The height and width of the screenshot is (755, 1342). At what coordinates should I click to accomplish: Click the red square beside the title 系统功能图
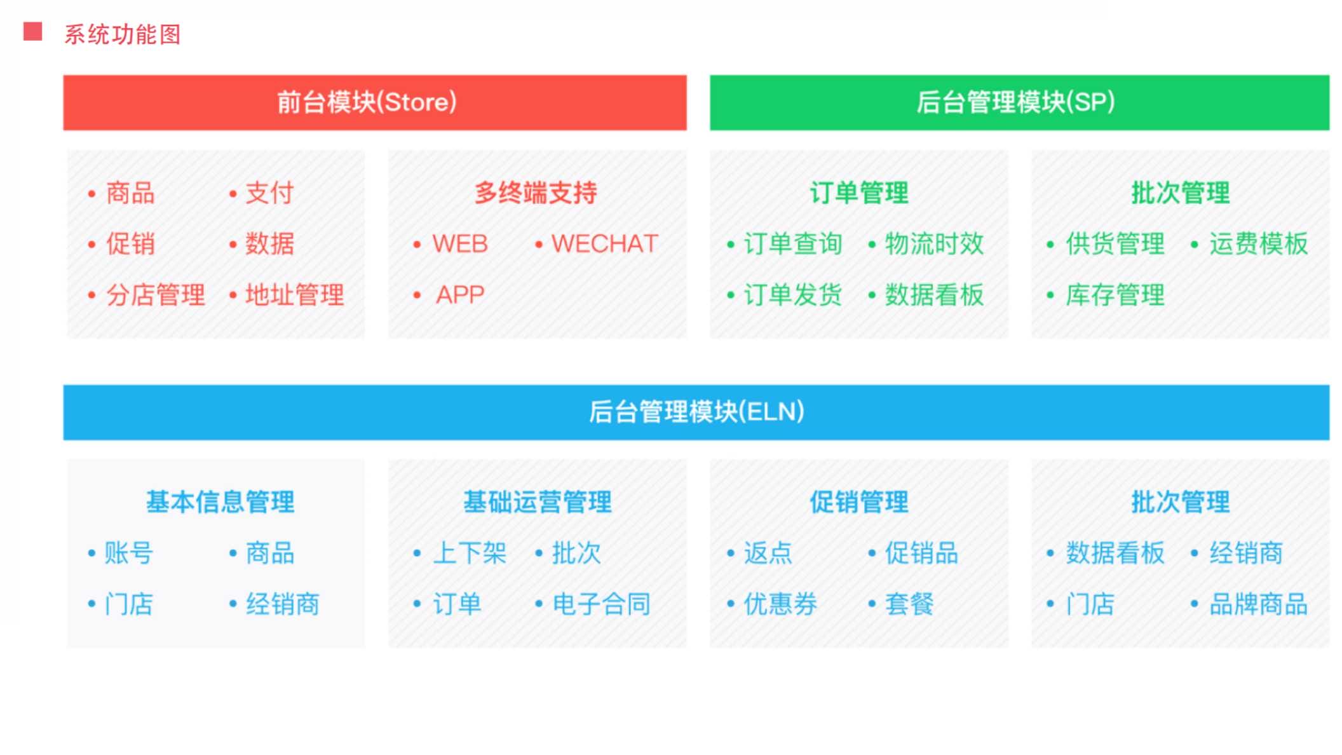pyautogui.click(x=32, y=32)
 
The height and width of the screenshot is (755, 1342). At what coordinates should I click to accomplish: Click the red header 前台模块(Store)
pyautogui.click(x=375, y=102)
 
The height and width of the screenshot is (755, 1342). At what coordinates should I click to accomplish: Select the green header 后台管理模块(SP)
pyautogui.click(x=1019, y=102)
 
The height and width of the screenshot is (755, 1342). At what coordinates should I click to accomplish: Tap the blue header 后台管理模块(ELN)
pyautogui.click(x=696, y=412)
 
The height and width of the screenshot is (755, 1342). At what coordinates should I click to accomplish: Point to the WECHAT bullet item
pyautogui.click(x=604, y=244)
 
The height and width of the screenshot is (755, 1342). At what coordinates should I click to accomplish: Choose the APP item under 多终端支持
pyautogui.click(x=460, y=295)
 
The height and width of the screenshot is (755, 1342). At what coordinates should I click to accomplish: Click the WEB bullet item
pyautogui.click(x=460, y=244)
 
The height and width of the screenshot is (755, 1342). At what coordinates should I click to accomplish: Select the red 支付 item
pyautogui.click(x=269, y=193)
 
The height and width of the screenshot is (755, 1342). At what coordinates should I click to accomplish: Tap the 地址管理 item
pyautogui.click(x=295, y=295)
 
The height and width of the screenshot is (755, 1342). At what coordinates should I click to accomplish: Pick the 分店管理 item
pyautogui.click(x=156, y=295)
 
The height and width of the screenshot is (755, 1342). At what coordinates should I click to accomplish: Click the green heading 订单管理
pyautogui.click(x=859, y=193)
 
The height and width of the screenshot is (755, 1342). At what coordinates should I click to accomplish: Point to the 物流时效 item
pyautogui.click(x=935, y=244)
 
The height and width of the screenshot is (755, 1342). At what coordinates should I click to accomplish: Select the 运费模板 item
pyautogui.click(x=1259, y=244)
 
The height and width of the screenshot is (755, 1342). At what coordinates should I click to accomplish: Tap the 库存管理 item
pyautogui.click(x=1115, y=295)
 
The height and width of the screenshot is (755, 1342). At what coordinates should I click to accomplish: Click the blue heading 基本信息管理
pyautogui.click(x=220, y=502)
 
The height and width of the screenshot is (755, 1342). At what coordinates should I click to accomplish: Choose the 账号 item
pyautogui.click(x=129, y=553)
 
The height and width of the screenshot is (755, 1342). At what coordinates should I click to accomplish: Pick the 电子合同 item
pyautogui.click(x=602, y=604)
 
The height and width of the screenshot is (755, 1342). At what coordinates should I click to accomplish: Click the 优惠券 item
pyautogui.click(x=781, y=604)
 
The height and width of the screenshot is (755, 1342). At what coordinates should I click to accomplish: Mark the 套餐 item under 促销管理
pyautogui.click(x=909, y=604)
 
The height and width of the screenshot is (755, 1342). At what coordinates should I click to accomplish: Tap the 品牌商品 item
pyautogui.click(x=1259, y=604)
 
